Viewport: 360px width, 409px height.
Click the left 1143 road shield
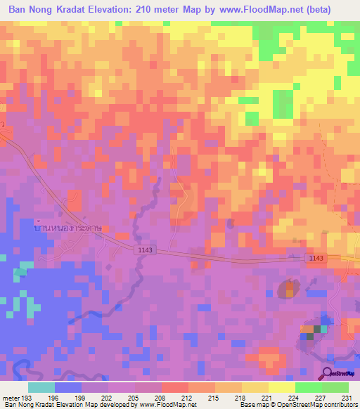146,250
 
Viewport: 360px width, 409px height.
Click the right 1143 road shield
315,259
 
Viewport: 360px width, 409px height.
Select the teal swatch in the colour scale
41,387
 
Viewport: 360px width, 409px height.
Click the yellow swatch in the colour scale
281,387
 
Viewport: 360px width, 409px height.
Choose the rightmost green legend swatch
335,387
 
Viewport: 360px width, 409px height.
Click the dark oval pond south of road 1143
288,288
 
